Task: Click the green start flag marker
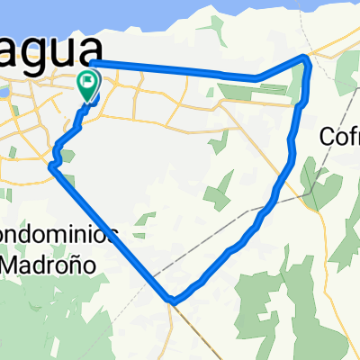88,85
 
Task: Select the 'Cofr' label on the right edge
340,138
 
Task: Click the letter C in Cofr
328,138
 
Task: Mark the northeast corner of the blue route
307,58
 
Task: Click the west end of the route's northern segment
94,62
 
